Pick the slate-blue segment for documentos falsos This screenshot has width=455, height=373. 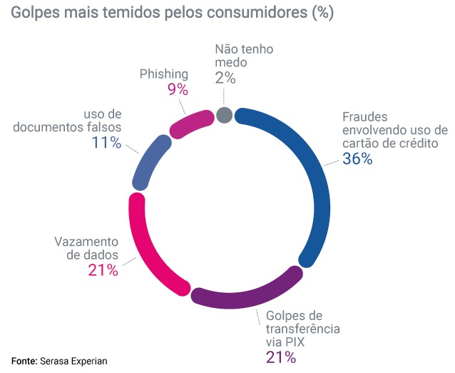(x=150, y=160)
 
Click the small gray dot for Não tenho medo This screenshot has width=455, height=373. (x=224, y=116)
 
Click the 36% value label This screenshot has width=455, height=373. (x=357, y=159)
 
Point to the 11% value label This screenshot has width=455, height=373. (x=106, y=142)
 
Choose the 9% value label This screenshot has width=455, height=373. (x=177, y=89)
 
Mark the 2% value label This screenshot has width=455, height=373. (x=225, y=78)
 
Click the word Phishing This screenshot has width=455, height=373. (x=164, y=74)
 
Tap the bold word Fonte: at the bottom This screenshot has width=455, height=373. (x=24, y=361)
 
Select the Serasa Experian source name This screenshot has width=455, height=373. (x=73, y=361)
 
